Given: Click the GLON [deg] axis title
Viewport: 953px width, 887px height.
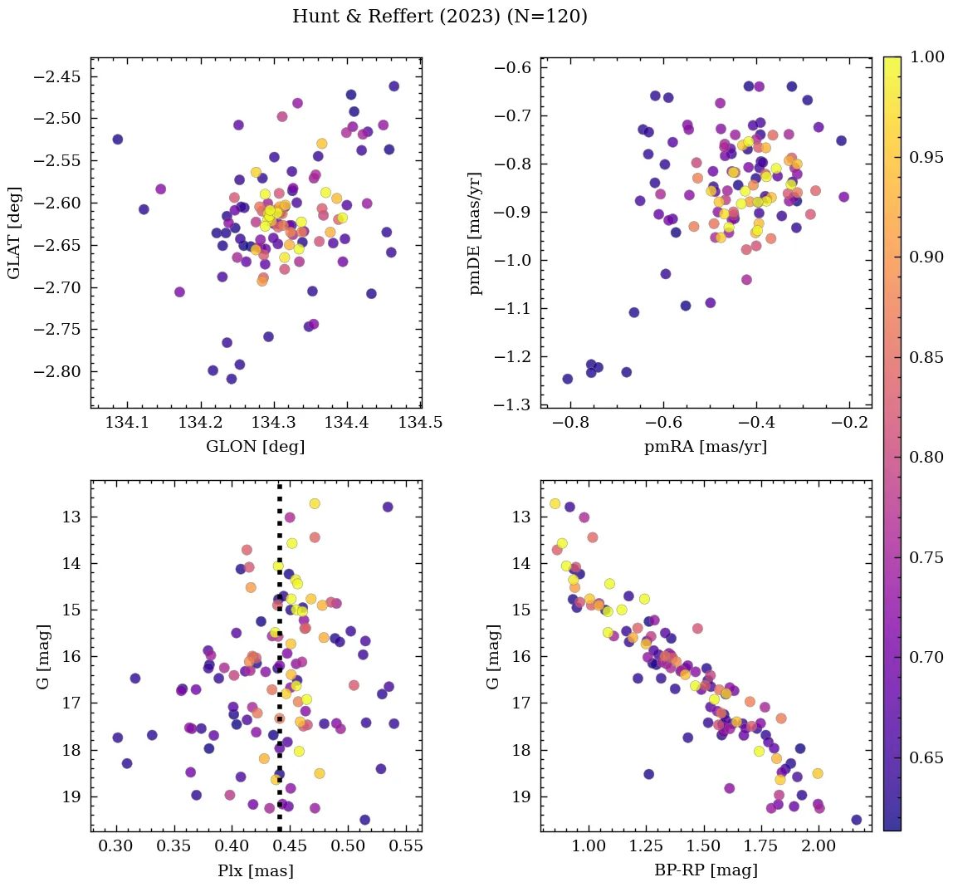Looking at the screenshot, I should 256,447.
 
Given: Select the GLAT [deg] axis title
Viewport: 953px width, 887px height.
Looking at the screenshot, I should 14,233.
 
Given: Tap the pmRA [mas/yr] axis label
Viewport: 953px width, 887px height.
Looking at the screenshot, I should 706,447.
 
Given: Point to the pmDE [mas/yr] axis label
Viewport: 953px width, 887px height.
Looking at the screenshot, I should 475,233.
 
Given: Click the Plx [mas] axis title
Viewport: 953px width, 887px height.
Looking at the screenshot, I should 256,870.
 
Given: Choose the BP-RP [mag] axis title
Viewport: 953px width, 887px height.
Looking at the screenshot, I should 706,870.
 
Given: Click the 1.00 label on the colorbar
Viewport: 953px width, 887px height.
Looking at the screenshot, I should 927,57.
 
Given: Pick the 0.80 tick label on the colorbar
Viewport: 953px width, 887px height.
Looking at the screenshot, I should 927,457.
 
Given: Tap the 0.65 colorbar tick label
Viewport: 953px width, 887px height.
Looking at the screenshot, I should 927,757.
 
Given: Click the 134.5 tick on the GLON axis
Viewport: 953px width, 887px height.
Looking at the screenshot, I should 419,423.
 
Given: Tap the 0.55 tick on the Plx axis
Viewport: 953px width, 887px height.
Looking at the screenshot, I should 408,846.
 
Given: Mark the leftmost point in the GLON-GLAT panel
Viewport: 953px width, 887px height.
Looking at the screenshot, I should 117,139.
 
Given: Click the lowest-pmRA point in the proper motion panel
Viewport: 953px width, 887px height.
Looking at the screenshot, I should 568,379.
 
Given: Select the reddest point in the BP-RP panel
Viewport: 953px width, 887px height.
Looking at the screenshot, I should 857,820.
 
